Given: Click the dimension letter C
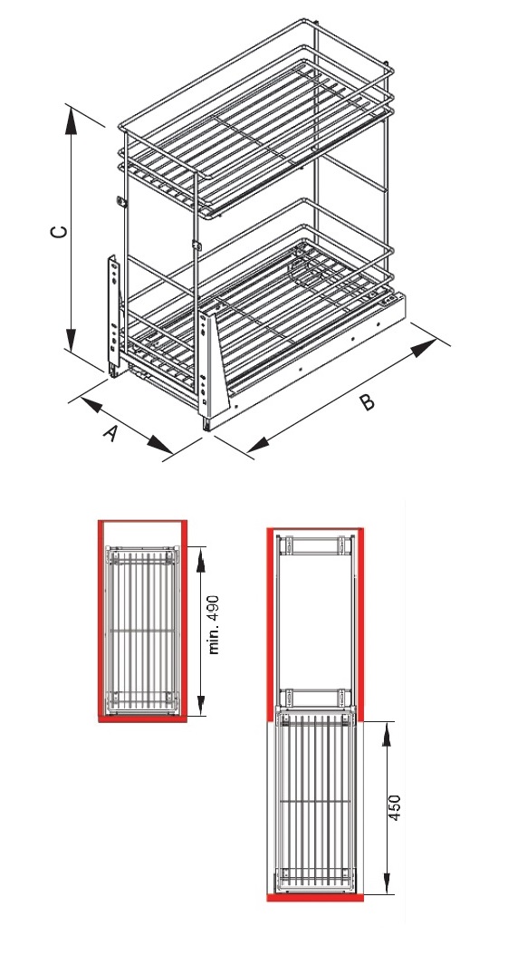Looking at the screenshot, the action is click(59, 231).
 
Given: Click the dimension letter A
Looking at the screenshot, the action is click(110, 432).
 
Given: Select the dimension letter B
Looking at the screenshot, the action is click(368, 402).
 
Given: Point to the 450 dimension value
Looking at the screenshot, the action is click(395, 807).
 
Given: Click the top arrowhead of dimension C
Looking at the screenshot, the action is click(71, 121).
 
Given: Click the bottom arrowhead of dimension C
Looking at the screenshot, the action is click(71, 339).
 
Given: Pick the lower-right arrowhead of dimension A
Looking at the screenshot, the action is click(159, 445).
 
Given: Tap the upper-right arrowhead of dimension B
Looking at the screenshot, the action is click(425, 347).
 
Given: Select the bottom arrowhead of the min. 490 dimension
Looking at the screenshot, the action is click(200, 704).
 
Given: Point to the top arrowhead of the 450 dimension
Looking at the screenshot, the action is click(386, 734).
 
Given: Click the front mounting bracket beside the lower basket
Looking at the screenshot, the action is click(206, 366).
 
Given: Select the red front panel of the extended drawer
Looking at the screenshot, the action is click(315, 898).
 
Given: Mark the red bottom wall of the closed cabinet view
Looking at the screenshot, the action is click(142, 718).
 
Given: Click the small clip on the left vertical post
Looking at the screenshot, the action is click(121, 203).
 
